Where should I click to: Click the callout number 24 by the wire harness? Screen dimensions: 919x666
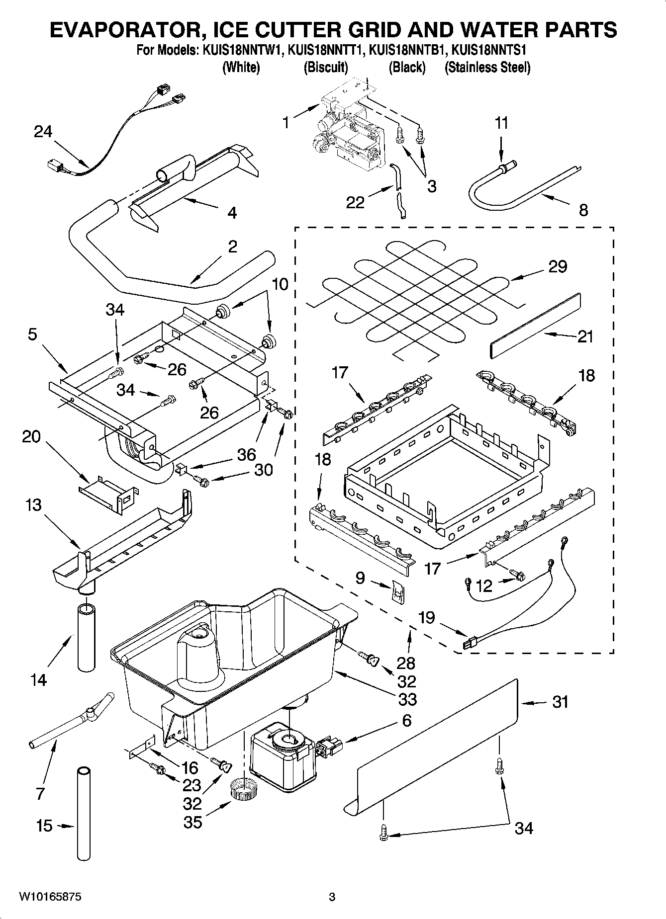click(43, 132)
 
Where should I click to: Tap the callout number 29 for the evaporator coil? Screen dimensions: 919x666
click(558, 266)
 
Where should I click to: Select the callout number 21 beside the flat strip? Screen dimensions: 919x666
click(585, 337)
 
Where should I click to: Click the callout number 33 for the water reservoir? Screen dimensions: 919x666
click(407, 699)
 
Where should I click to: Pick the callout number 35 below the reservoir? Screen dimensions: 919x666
click(193, 822)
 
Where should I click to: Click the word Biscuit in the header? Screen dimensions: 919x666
click(326, 67)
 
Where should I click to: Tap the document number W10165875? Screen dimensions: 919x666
click(50, 898)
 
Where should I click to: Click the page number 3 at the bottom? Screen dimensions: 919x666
click(332, 898)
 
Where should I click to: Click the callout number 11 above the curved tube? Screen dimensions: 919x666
click(502, 123)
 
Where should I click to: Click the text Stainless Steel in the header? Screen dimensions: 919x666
click(487, 67)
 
